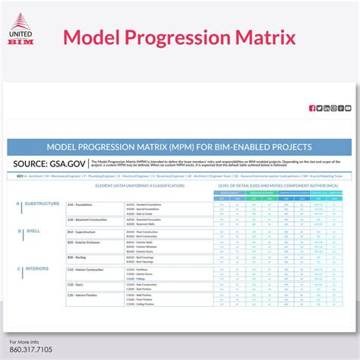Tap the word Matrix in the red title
pos(256,36)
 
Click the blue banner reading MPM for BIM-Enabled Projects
pos(179,147)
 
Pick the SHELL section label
pos(33,230)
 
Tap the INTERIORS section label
pos(36,268)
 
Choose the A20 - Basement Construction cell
pos(90,219)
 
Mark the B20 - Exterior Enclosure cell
pos(87,243)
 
